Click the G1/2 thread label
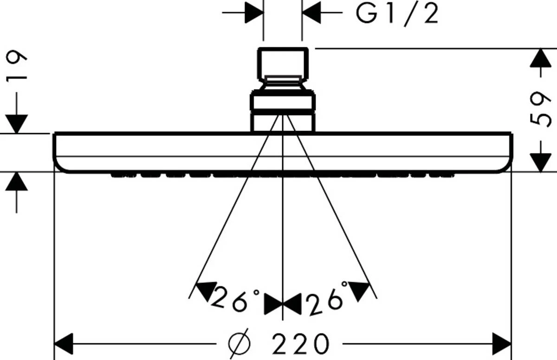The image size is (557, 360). pyautogui.click(x=397, y=14)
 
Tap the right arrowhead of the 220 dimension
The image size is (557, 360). pyautogui.click(x=501, y=344)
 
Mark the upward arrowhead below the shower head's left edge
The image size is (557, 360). pyautogui.click(x=17, y=181)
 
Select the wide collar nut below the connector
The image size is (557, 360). pyautogui.click(x=283, y=103)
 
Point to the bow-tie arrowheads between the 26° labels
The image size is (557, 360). pyautogui.click(x=283, y=305)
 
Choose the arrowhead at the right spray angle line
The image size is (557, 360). pyautogui.click(x=361, y=289)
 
